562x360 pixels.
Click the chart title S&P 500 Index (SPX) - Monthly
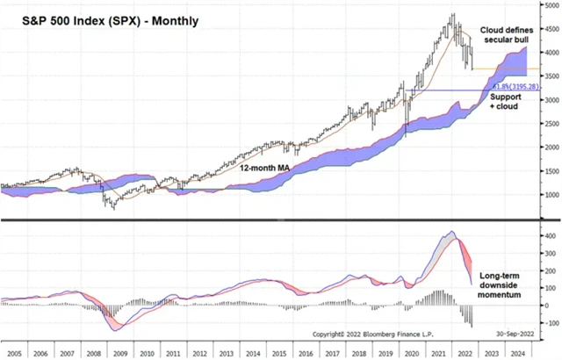click(101, 18)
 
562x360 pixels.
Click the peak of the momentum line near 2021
click(451, 232)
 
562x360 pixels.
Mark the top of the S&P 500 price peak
click(451, 14)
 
